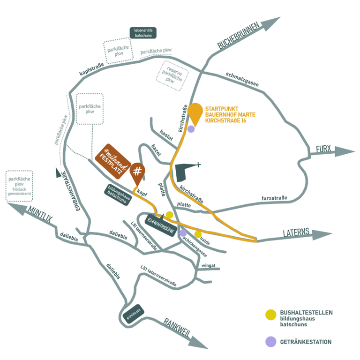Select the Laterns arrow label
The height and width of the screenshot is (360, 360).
[x=297, y=232]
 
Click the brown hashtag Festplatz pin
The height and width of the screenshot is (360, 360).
[x=137, y=172]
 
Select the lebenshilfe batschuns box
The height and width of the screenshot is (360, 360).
[x=143, y=32]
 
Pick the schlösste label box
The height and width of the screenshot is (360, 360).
[x=135, y=315]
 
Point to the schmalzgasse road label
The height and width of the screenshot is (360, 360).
[x=242, y=79]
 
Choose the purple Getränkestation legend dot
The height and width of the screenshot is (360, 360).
[x=271, y=342]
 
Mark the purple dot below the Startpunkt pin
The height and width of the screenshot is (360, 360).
[x=191, y=129]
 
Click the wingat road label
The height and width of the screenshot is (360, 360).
[x=208, y=265]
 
